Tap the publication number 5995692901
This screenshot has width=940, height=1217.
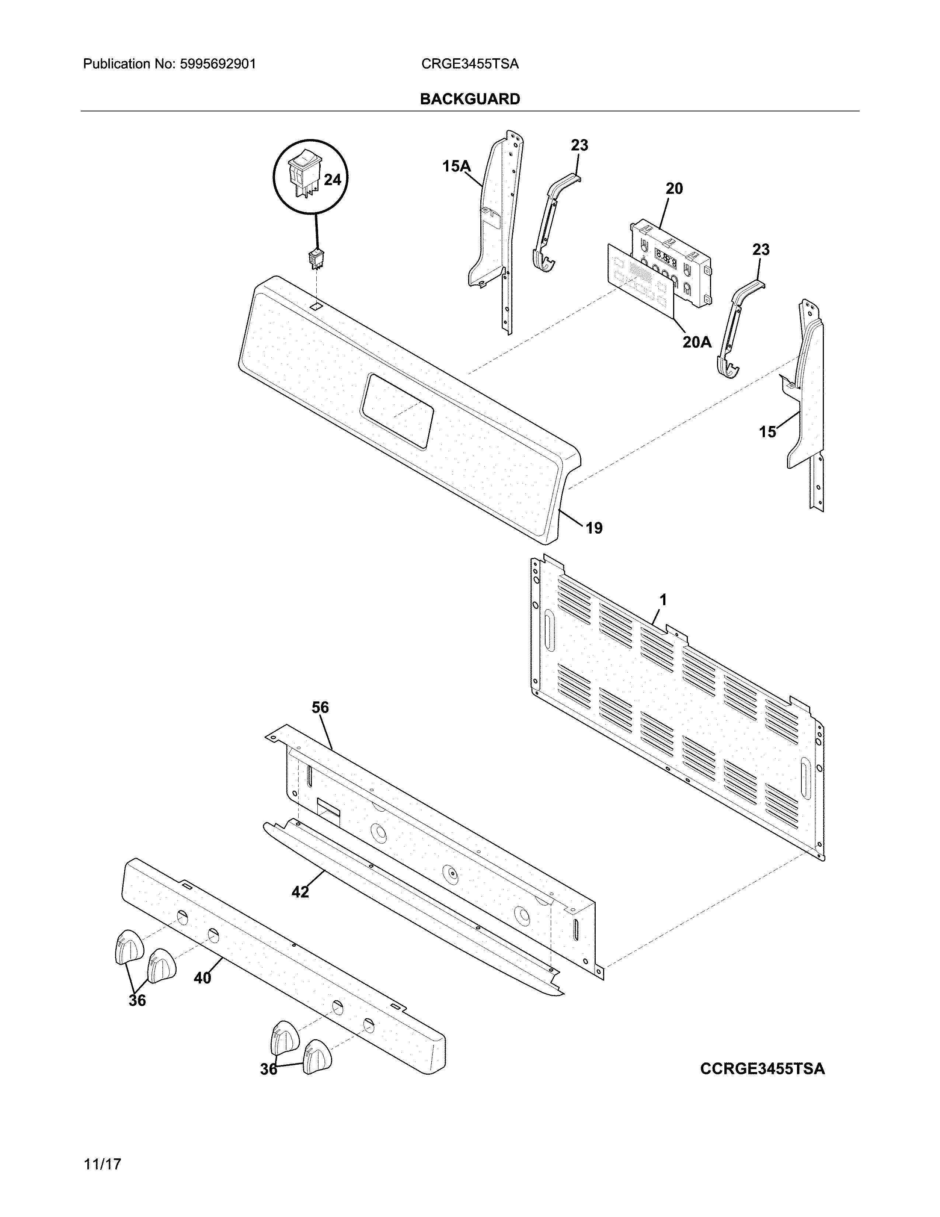218,64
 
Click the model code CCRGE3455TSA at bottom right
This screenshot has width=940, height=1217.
762,1069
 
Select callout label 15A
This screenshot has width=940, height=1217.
456,166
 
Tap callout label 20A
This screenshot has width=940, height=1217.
697,342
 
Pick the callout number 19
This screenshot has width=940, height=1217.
594,528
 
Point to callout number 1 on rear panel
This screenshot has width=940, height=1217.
663,600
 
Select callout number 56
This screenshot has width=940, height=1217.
320,708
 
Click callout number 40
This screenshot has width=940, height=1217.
203,978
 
